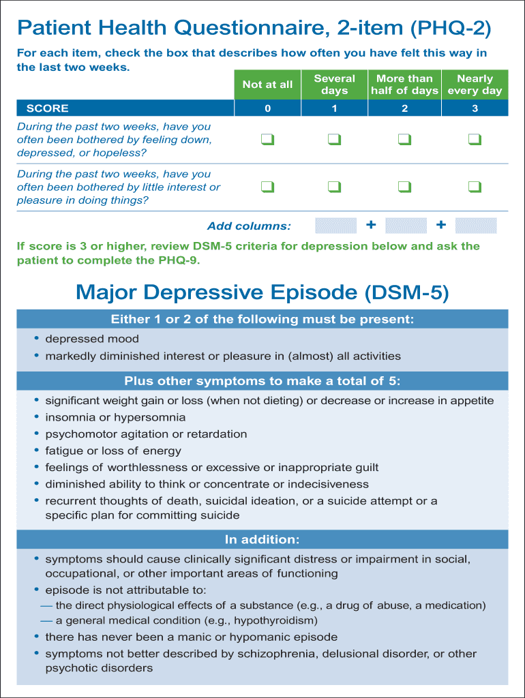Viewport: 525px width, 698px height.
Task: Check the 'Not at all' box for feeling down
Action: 267,140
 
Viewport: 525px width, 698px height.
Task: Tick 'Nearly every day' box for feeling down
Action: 475,140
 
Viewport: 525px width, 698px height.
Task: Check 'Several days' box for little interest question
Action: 334,187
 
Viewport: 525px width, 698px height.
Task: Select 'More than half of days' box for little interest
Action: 404,187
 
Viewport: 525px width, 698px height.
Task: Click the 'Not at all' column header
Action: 267,85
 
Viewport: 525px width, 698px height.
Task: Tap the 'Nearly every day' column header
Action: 475,85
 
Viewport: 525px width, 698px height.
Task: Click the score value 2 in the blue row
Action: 404,108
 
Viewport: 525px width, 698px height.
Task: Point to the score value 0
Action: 267,108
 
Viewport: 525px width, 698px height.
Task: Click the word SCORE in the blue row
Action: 48,108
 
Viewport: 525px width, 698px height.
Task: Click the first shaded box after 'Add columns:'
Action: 335,226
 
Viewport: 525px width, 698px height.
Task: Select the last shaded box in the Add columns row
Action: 476,226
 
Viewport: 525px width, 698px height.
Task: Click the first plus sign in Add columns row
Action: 371,225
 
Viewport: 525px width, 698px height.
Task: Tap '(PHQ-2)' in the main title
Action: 450,29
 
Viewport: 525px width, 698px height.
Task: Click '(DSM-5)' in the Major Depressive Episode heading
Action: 406,292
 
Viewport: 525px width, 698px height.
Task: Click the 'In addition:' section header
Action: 262,540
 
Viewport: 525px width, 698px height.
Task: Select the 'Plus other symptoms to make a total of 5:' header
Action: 262,381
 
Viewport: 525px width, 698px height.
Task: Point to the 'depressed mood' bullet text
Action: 92,339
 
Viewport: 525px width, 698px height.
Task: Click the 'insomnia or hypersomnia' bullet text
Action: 115,417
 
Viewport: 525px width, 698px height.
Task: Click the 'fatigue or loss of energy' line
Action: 113,451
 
